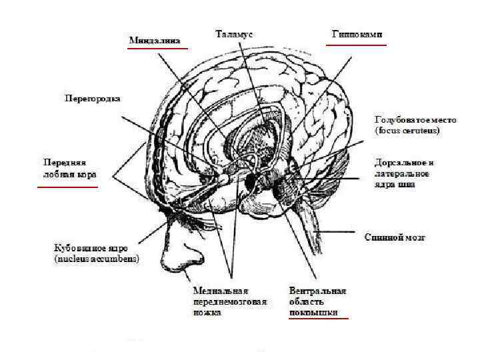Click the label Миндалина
155,41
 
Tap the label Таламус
233,32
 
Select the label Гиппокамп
357,33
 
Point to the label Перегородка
92,99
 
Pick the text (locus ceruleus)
407,131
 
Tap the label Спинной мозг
395,237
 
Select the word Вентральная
318,291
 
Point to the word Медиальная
221,291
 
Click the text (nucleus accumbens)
97,258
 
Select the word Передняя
65,163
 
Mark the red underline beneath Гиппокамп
356,45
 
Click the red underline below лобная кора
67,187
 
